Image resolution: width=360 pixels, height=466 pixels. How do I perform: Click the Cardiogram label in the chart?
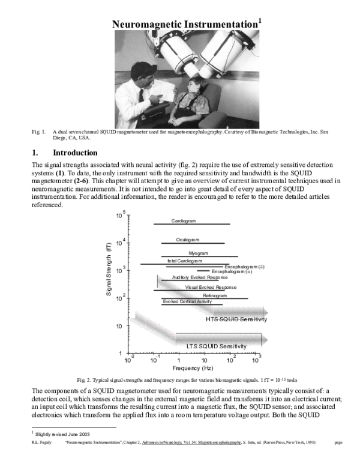pyautogui.click(x=184, y=221)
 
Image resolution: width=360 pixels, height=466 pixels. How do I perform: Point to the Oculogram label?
pyautogui.click(x=187, y=240)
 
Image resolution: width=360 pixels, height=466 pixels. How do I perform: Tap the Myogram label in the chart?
pyautogui.click(x=199, y=253)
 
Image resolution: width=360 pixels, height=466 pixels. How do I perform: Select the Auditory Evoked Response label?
pyautogui.click(x=199, y=277)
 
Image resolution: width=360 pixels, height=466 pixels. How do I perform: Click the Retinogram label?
pyautogui.click(x=215, y=295)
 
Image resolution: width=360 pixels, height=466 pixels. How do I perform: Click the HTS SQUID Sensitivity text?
pyautogui.click(x=236, y=319)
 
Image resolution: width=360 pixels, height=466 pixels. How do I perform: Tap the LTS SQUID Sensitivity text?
pyautogui.click(x=216, y=346)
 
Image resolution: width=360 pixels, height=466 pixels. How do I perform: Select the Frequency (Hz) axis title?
pyautogui.click(x=192, y=368)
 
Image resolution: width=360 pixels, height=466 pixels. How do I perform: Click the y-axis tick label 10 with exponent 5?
pyautogui.click(x=121, y=214)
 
